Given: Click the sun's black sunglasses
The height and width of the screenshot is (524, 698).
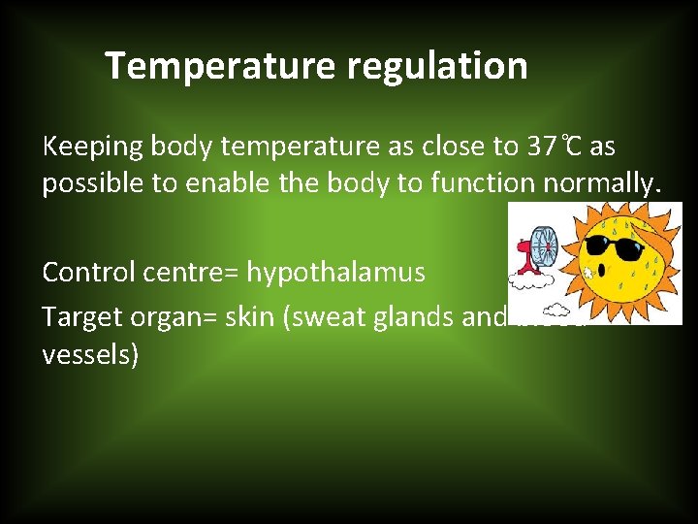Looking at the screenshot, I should [x=616, y=246].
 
